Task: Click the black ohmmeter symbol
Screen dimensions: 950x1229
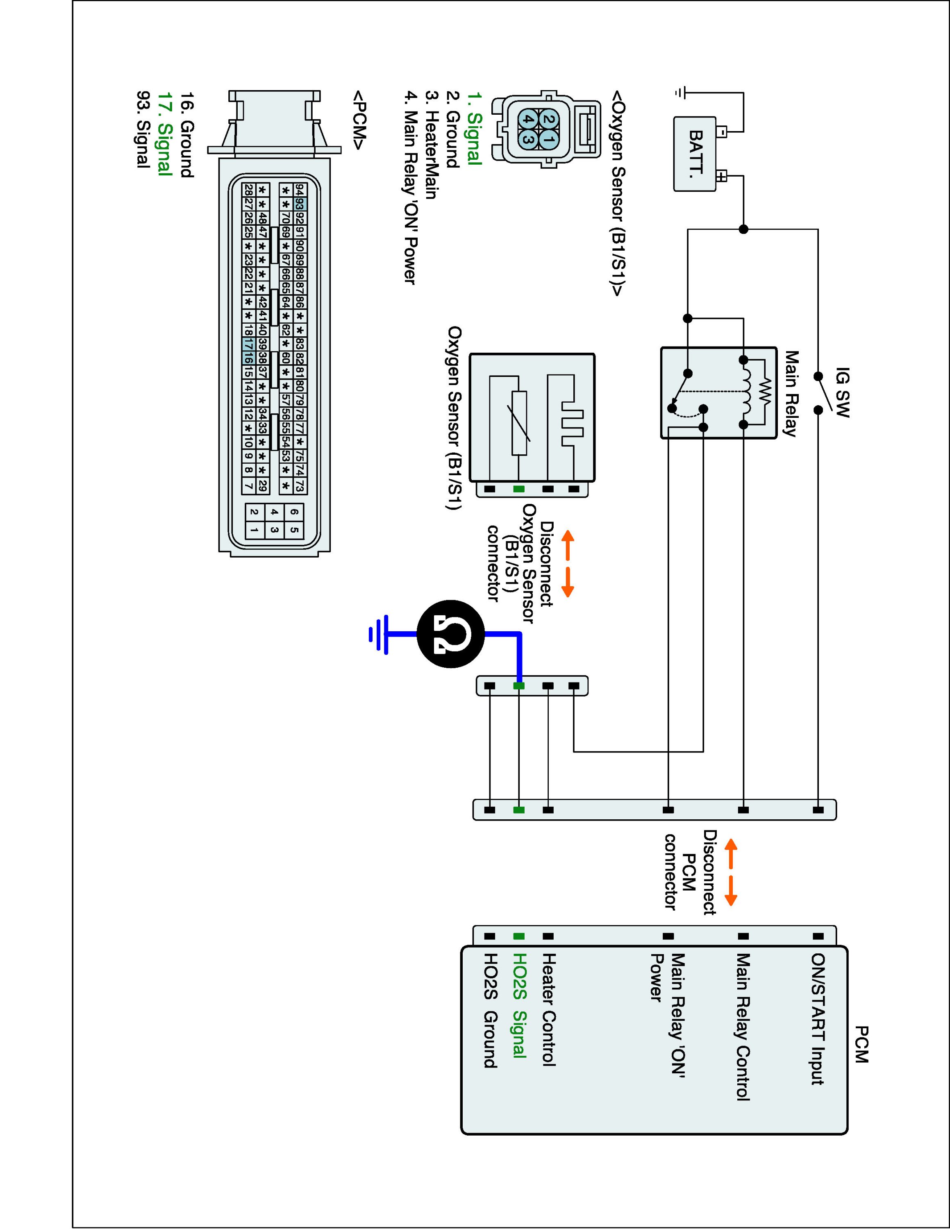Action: pos(451,634)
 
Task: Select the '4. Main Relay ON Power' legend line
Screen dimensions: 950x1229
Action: pos(411,188)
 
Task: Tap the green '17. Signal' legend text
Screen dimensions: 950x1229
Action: pos(164,134)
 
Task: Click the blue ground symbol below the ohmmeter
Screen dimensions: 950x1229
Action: pos(378,634)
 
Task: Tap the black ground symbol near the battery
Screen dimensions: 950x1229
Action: pos(682,92)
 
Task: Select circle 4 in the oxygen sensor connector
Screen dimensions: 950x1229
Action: pos(528,119)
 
